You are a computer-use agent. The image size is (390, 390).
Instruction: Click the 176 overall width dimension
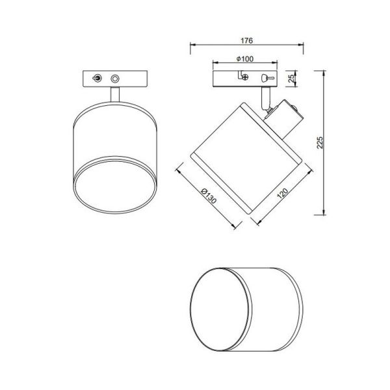click(x=246, y=40)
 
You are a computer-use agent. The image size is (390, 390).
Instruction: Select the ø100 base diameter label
click(x=245, y=59)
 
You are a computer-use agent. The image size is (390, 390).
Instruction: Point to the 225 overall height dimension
click(x=318, y=143)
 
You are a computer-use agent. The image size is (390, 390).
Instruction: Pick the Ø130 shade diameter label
click(x=207, y=196)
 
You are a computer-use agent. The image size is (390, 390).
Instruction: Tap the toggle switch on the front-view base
click(x=97, y=78)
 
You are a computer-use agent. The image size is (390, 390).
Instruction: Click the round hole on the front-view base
click(x=116, y=78)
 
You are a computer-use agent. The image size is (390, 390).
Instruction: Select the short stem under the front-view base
click(x=114, y=94)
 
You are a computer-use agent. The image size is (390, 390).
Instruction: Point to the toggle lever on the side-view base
click(x=265, y=77)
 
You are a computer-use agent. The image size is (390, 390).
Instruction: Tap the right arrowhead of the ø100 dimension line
click(x=278, y=64)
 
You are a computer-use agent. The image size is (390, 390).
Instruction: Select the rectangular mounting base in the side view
click(x=246, y=78)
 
